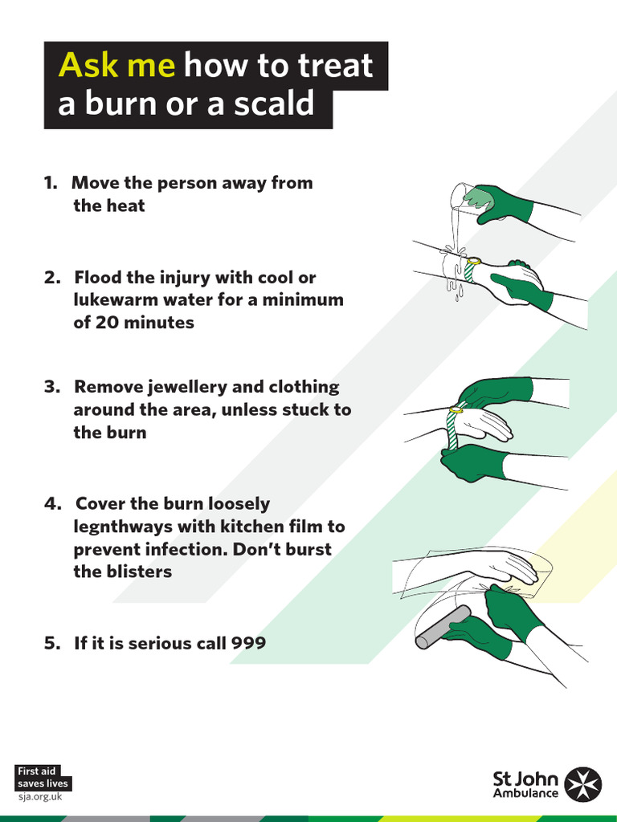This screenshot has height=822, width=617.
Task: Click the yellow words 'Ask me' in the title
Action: click(116, 65)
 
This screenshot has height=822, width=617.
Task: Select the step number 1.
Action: click(50, 183)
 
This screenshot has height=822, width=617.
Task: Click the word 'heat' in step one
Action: click(127, 205)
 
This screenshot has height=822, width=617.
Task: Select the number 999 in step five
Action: click(248, 643)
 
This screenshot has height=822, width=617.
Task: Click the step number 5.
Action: click(51, 643)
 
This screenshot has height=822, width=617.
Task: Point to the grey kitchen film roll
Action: click(443, 627)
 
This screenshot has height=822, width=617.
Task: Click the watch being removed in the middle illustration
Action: click(456, 410)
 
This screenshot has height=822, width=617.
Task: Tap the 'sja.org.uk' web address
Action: click(39, 796)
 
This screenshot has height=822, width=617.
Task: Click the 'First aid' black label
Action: click(37, 771)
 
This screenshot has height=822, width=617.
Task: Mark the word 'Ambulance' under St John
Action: click(525, 794)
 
